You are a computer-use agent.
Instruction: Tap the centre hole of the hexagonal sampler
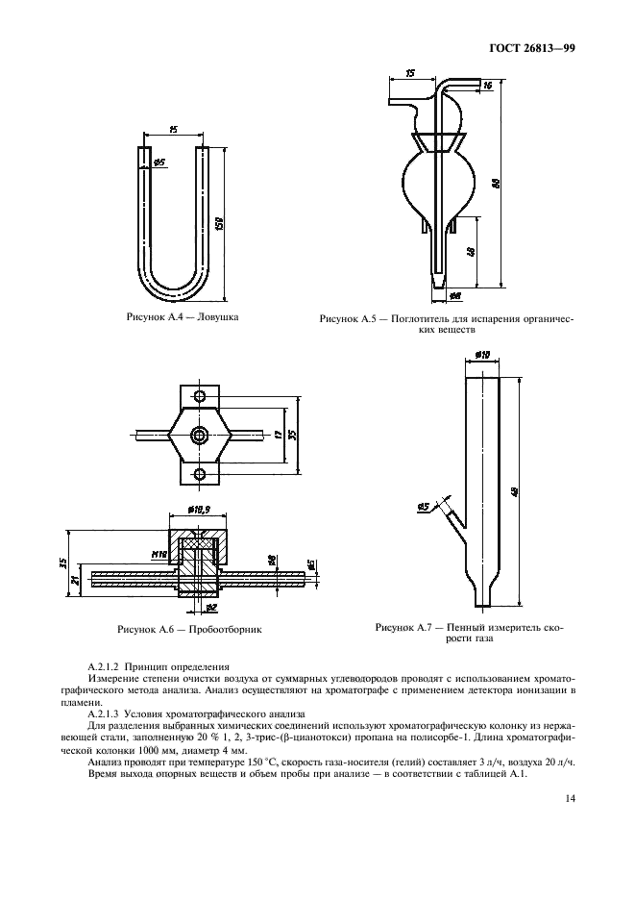click(x=200, y=436)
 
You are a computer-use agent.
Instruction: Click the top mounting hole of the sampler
click(x=200, y=397)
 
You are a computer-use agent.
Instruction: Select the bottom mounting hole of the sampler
click(x=200, y=473)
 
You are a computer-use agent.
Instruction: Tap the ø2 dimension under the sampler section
click(x=212, y=607)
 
